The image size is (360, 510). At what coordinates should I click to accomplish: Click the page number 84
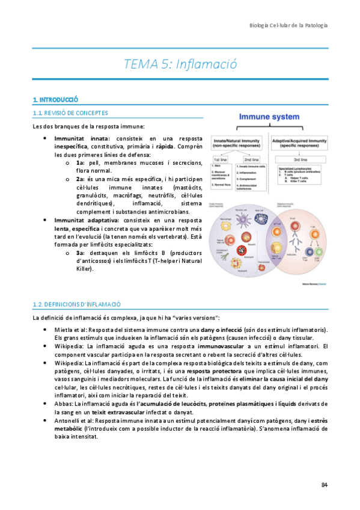coord(324,485)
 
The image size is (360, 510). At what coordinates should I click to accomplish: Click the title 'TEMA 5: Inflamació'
coord(180,63)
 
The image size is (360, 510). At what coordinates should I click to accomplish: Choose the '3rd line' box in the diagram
coord(304,159)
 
